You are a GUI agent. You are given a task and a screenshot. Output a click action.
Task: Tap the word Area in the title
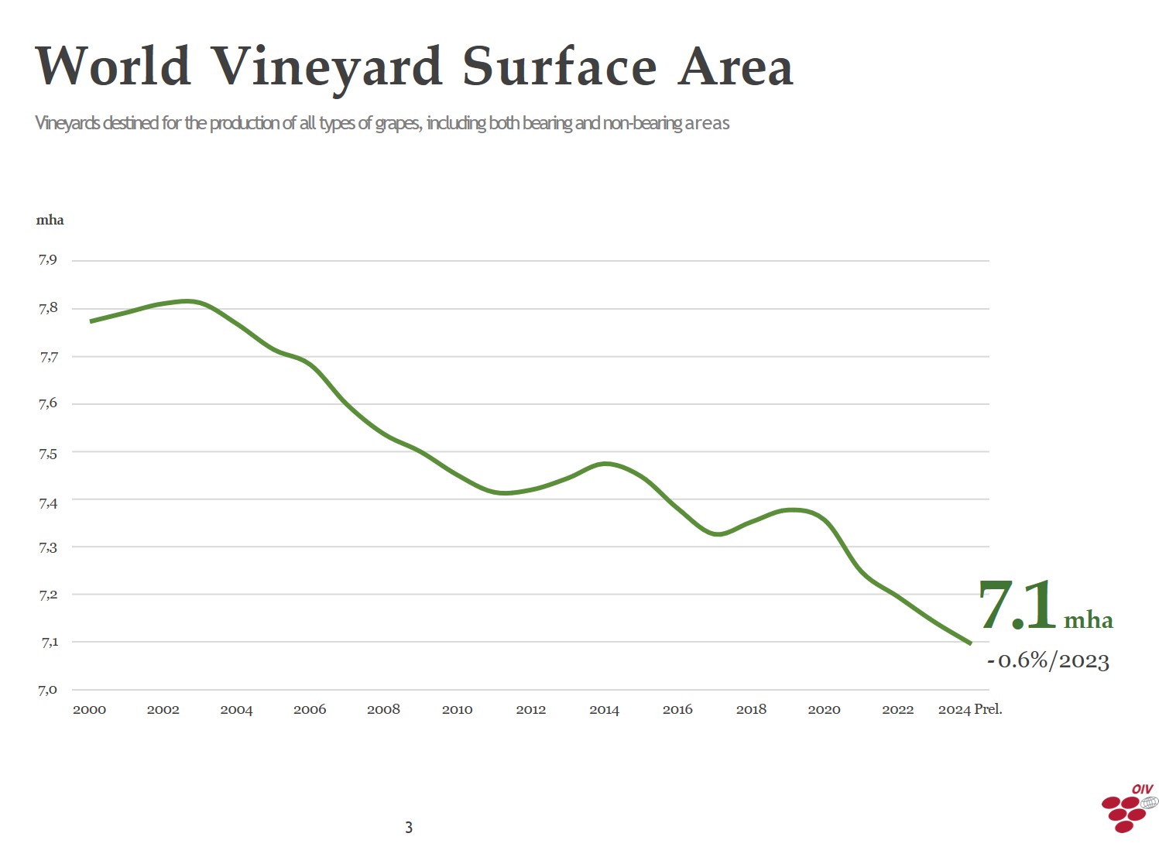(736, 67)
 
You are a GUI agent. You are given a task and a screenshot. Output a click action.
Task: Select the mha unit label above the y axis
(50, 220)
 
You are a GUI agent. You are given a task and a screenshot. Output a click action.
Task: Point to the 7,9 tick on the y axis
(48, 259)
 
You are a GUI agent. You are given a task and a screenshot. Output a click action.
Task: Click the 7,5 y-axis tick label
(48, 454)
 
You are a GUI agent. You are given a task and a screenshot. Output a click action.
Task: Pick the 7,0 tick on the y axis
(48, 690)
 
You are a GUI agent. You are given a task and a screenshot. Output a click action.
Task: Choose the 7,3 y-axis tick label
(48, 547)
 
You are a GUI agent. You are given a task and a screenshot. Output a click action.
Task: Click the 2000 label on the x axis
(89, 709)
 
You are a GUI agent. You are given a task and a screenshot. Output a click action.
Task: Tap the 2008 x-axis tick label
(383, 709)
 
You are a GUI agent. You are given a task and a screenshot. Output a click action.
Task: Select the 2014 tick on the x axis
(604, 709)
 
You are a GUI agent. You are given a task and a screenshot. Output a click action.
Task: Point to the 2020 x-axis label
(824, 709)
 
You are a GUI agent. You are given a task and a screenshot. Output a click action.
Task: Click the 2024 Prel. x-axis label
(969, 709)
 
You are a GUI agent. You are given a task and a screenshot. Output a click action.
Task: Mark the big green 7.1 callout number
(1017, 605)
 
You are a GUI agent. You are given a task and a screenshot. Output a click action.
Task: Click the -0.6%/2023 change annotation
(1048, 660)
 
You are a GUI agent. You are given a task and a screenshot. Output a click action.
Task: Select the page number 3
(409, 828)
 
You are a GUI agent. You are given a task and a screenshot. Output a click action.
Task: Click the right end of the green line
(970, 643)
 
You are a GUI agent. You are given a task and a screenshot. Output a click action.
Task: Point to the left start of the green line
(91, 321)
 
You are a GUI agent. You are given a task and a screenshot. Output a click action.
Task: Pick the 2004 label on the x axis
(236, 709)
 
